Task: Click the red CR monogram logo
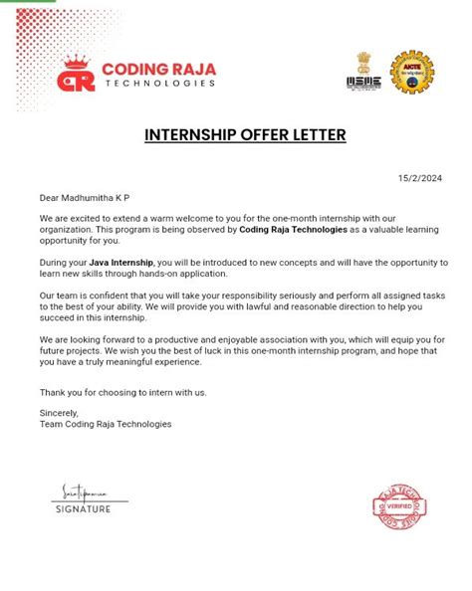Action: [x=78, y=75]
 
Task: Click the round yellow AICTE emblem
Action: [x=411, y=72]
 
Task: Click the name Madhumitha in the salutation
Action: [x=96, y=198]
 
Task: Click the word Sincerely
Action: [x=58, y=412]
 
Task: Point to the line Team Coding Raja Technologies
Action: [x=106, y=424]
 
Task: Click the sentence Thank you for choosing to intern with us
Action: [x=122, y=392]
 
